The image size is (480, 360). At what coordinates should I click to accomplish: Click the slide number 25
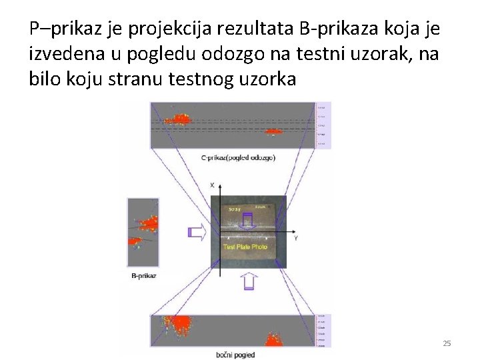pyautogui.click(x=447, y=343)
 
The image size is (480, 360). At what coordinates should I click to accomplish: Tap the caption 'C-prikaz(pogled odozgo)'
pyautogui.click(x=238, y=157)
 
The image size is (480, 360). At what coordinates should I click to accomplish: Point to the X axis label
pyautogui.click(x=211, y=184)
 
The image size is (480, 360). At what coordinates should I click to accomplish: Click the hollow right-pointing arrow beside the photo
pyautogui.click(x=195, y=232)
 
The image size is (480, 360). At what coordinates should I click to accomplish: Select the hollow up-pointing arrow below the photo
pyautogui.click(x=247, y=283)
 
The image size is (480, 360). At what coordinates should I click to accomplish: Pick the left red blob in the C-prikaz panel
pyautogui.click(x=179, y=119)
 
